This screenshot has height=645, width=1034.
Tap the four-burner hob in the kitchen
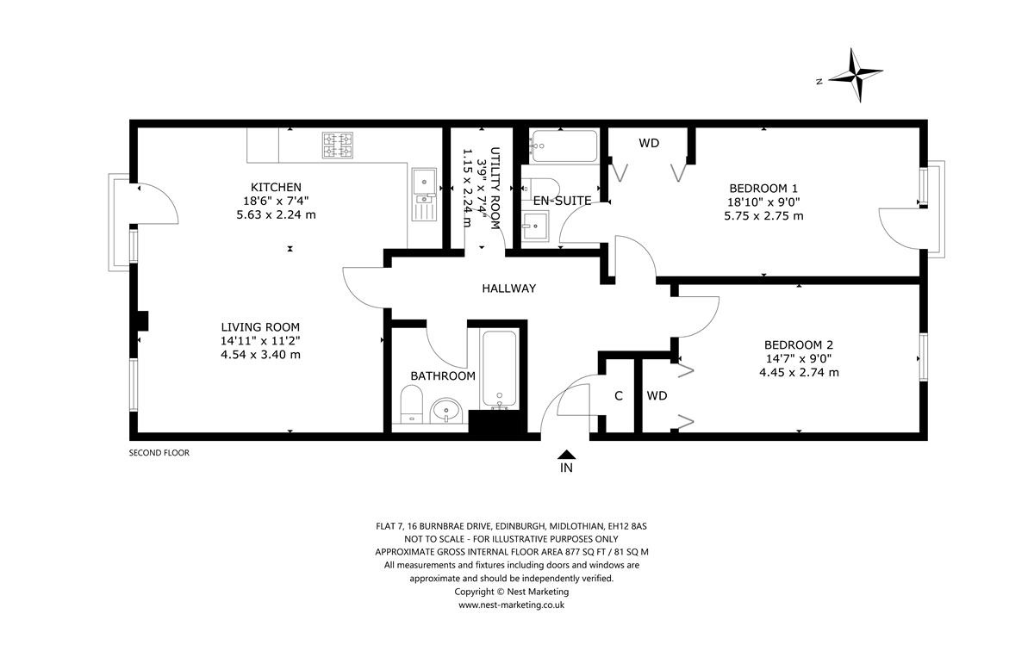[x=338, y=145]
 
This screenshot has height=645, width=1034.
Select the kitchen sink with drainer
[x=424, y=195]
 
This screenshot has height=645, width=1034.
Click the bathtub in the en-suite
[x=564, y=146]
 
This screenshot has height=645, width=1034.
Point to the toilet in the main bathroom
[x=411, y=404]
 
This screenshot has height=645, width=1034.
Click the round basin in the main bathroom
[x=446, y=410]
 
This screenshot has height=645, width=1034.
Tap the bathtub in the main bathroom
[x=500, y=369]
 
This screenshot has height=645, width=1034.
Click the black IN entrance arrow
[x=566, y=455]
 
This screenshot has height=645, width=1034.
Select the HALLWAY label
[x=509, y=288]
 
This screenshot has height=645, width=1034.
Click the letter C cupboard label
[x=619, y=396]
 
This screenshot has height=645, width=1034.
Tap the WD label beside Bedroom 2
[x=657, y=395]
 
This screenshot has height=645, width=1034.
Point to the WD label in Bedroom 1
[x=649, y=143]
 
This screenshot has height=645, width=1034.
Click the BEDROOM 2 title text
[x=799, y=344]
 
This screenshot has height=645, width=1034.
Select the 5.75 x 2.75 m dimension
[x=763, y=215]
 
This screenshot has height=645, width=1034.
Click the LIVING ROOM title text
[x=260, y=327]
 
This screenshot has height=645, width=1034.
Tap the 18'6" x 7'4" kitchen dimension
[x=276, y=201]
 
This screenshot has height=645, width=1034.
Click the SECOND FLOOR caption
[x=159, y=453]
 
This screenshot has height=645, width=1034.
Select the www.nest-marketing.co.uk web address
[x=512, y=605]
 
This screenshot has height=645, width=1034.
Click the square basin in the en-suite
[x=535, y=226]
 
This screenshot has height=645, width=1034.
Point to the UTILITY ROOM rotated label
[x=495, y=189]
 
